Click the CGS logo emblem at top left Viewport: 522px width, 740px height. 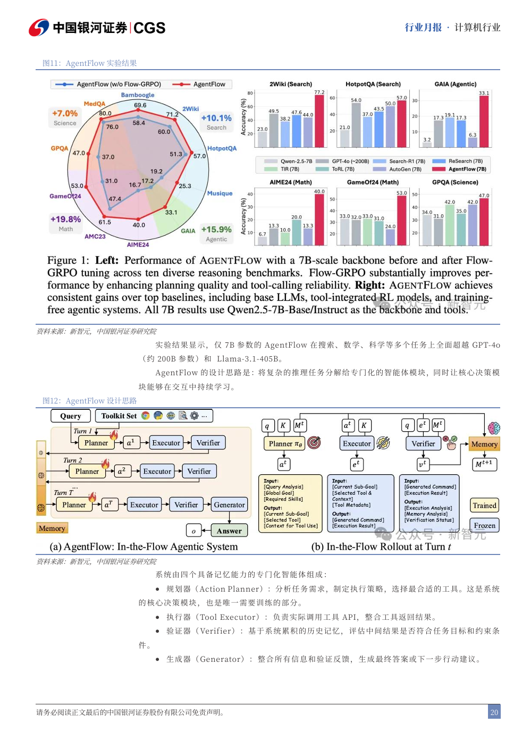(x=39, y=28)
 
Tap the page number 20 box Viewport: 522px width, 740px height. (x=494, y=712)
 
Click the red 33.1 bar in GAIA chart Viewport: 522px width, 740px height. (x=484, y=121)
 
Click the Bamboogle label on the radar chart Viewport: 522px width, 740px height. (x=138, y=95)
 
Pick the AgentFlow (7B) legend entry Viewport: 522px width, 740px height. (x=460, y=169)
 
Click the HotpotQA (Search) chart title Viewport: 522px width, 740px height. (x=373, y=84)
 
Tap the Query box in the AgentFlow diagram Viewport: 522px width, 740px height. (x=71, y=416)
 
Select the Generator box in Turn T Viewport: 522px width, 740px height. (x=229, y=504)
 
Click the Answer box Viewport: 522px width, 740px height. (x=229, y=531)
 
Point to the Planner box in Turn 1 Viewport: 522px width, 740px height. (x=96, y=443)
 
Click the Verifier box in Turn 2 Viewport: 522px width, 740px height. (x=199, y=471)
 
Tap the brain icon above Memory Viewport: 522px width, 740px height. (x=494, y=428)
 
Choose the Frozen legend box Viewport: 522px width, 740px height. (x=484, y=525)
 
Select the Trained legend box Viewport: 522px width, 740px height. (x=484, y=505)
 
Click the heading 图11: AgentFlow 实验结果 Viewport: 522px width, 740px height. (x=90, y=63)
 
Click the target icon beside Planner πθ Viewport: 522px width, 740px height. (x=315, y=442)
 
